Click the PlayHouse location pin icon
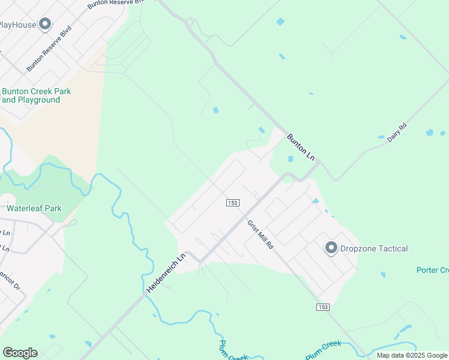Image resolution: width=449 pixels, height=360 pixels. (x=45, y=25)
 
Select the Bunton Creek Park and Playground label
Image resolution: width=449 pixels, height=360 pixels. (x=36, y=95)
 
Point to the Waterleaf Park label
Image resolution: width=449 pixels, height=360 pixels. (x=34, y=209)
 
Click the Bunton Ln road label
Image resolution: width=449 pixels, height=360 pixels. (x=300, y=146)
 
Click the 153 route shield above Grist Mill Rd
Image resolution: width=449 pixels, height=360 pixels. (x=233, y=203)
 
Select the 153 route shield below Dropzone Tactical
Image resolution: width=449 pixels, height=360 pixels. (x=322, y=307)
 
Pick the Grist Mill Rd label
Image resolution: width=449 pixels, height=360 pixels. (x=261, y=234)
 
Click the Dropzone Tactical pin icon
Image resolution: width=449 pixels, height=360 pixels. (x=330, y=248)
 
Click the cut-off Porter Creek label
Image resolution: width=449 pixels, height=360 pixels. (x=432, y=270)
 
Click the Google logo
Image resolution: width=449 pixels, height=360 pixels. (x=20, y=353)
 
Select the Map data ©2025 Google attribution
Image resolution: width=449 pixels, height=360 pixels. (x=412, y=355)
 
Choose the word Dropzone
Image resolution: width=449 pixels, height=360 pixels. (x=357, y=248)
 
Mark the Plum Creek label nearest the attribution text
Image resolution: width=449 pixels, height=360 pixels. (x=324, y=350)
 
